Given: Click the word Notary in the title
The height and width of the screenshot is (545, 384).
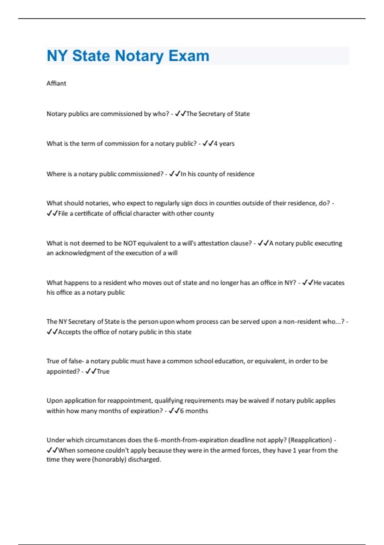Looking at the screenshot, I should (139, 56).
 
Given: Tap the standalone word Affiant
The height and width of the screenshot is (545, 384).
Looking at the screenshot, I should (56, 83).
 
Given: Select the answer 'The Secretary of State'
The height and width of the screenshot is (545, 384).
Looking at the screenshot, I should (218, 114).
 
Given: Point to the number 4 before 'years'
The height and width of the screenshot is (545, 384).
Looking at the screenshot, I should (216, 144).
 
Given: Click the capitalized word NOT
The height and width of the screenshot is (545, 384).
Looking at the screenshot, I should (130, 243).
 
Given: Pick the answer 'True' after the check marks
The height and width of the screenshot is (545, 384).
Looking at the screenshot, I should (103, 371).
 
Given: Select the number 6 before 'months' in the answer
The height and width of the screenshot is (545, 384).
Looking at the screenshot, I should (182, 411).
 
